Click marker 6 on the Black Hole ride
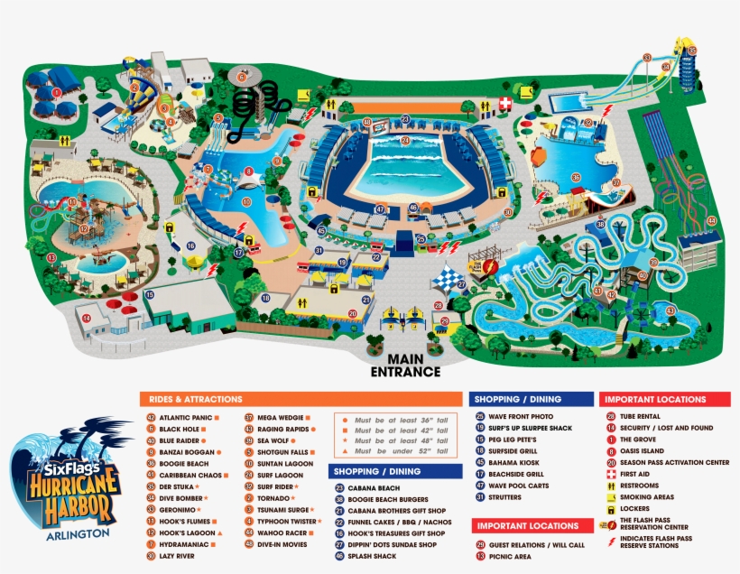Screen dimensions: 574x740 [x=241, y=78]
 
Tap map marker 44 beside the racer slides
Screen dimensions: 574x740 [x=711, y=220]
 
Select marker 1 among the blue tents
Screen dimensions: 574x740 [x=56, y=92]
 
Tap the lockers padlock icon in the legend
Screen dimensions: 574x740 [x=611, y=508]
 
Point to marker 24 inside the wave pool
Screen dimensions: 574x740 [x=405, y=141]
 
